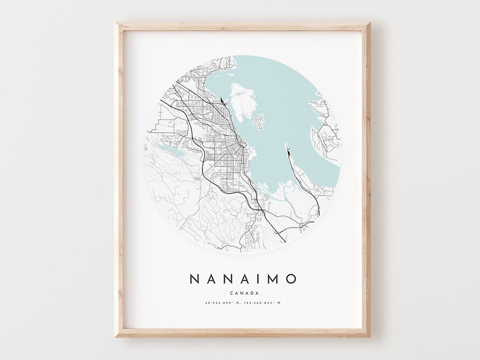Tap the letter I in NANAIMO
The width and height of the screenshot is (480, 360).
pyautogui.click(x=260, y=279)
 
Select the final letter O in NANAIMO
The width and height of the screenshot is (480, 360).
pyautogui.click(x=291, y=279)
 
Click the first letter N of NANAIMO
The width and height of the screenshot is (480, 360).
pyautogui.click(x=195, y=279)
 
